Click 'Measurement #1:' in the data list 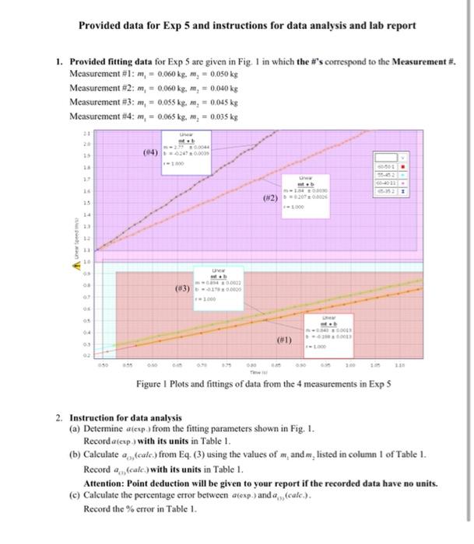click(x=99, y=74)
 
